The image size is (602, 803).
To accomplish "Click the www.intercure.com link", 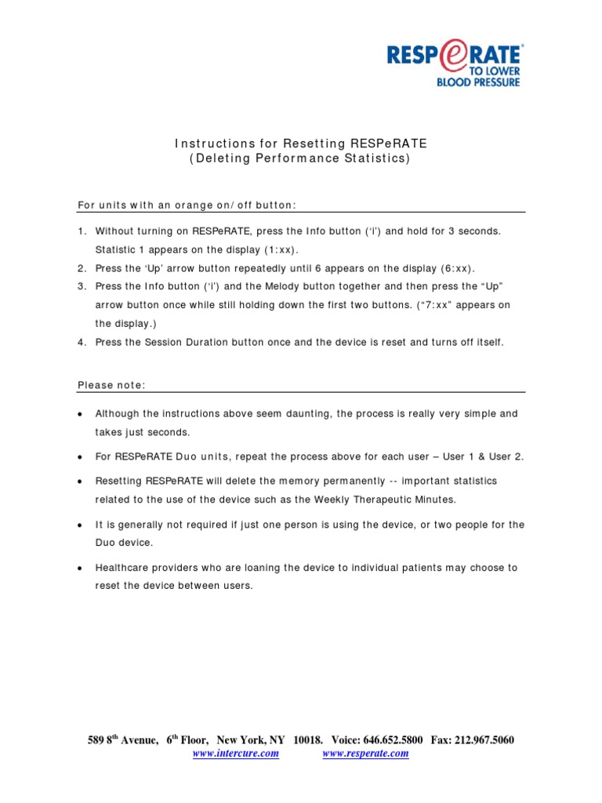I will pos(236,754).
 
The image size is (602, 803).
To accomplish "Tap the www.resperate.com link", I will pos(365,754).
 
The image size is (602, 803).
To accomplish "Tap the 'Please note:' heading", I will pos(111,384).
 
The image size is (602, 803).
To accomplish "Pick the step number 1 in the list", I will pos(81,231).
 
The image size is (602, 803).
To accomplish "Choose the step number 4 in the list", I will pos(81,342).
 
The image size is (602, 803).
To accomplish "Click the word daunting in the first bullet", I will pos(304,413).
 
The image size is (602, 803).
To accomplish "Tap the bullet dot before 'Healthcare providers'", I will pos(81,568).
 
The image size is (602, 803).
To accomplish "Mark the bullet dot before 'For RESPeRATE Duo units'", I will pos(81,456).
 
